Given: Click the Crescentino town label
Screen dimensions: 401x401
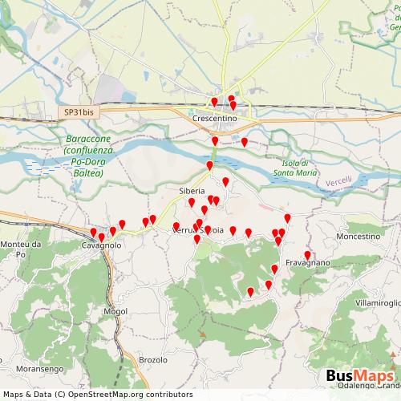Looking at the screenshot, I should [215, 118].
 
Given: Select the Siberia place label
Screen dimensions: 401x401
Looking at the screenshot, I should [192, 191].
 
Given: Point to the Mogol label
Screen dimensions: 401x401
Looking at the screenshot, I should [115, 310].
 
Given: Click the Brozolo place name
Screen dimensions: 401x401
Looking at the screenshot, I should [153, 359].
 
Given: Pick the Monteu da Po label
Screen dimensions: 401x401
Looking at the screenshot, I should [17, 248].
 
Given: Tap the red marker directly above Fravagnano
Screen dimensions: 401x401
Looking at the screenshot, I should [307, 256].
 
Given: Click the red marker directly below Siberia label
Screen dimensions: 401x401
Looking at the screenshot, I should [192, 204].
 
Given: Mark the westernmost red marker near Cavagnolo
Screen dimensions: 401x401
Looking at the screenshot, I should [93, 233].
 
